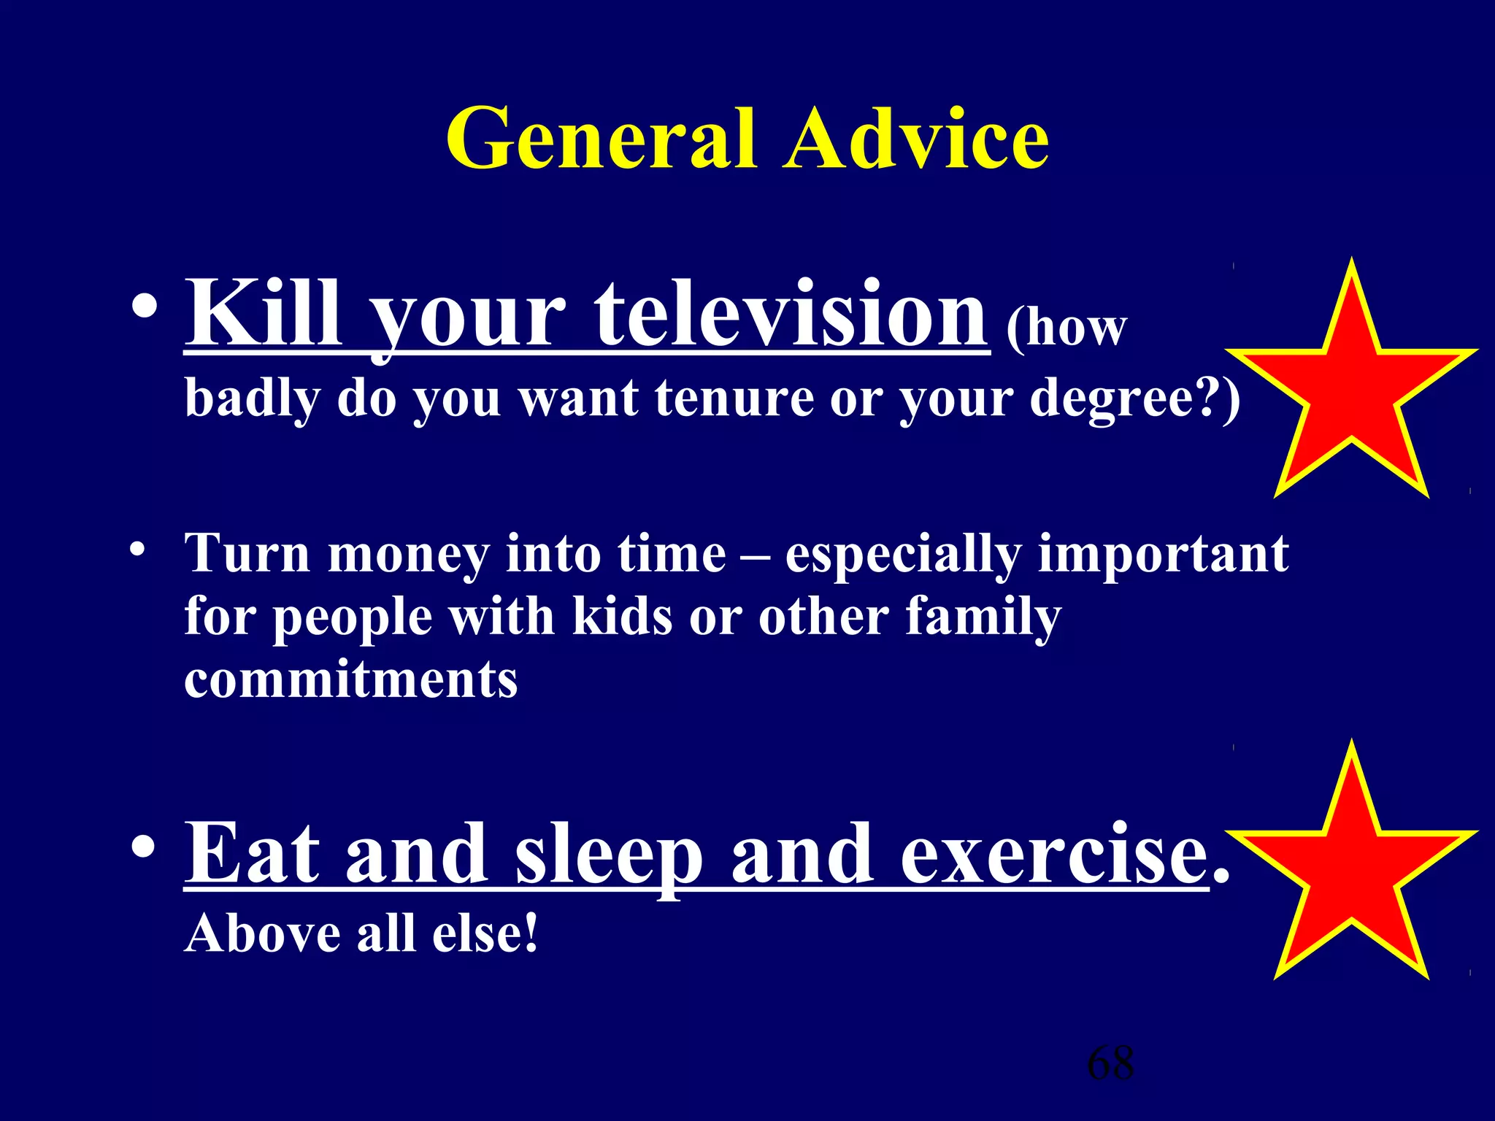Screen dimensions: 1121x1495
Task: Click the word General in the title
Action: pyautogui.click(x=600, y=139)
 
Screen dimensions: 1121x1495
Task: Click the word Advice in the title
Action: pyautogui.click(x=916, y=139)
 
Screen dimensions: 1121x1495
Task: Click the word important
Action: pyautogui.click(x=1163, y=555)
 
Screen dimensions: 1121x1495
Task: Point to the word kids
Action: pyautogui.click(x=621, y=616)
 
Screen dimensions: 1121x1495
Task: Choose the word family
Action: pyautogui.click(x=983, y=617)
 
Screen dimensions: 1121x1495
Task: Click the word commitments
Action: pyautogui.click(x=350, y=679)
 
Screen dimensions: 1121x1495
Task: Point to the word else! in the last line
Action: pyautogui.click(x=485, y=933)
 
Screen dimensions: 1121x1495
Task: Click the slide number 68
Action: pyautogui.click(x=1110, y=1063)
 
